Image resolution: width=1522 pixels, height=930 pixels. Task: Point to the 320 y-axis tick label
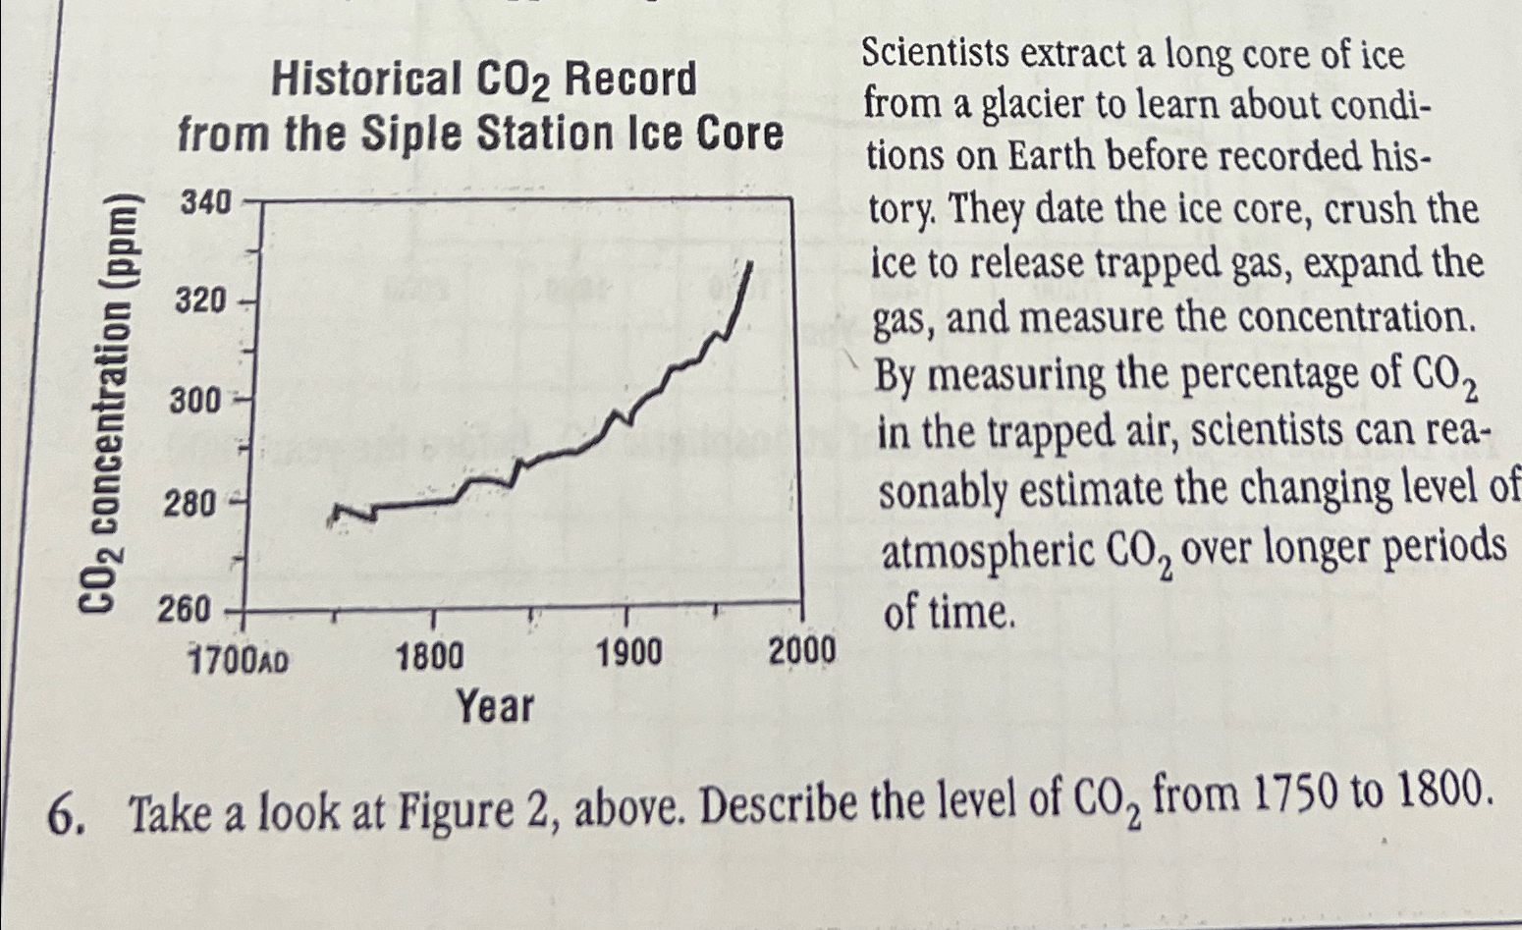point(201,301)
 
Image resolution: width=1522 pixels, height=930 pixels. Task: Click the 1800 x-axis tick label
point(430,655)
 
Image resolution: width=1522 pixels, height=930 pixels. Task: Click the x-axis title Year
point(496,706)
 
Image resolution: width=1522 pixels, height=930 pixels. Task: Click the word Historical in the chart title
point(366,80)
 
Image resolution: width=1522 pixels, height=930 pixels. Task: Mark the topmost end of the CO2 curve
point(750,263)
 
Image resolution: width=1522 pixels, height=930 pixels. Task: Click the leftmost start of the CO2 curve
point(331,520)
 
